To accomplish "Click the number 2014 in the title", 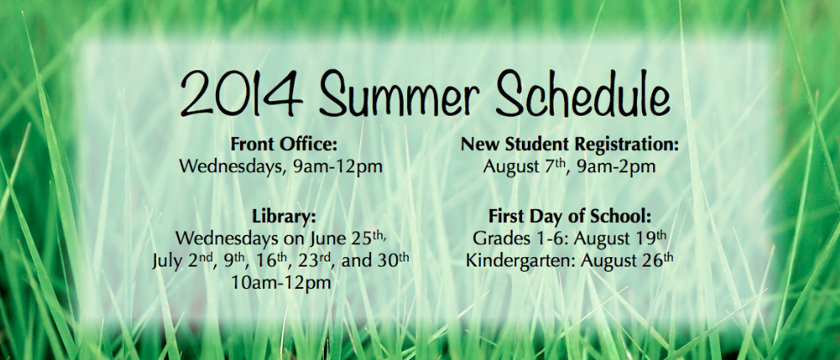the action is coord(241,94).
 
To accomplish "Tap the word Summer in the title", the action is coord(399,94).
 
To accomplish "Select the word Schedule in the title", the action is coord(582,94).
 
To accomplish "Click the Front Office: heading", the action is coord(284,144).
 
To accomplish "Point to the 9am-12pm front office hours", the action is coord(338,166).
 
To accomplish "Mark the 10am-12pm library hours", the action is coord(282,283).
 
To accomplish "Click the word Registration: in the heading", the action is coord(627,145).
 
